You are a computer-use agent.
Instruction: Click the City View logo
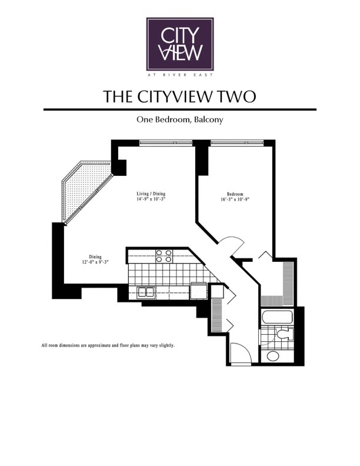tap(180, 44)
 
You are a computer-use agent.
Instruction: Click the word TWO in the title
tap(236, 96)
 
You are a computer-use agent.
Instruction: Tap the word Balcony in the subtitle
tap(208, 120)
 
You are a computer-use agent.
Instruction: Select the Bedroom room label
tap(235, 194)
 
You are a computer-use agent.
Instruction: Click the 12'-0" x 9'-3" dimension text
tap(95, 262)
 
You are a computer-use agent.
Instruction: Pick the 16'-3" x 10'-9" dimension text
tap(235, 199)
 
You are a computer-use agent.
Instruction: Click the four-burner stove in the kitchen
tap(164, 256)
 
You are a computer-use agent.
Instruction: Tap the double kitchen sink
tap(145, 292)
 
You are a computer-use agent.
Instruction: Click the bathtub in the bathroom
tap(277, 317)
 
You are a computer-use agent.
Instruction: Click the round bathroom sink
tap(273, 355)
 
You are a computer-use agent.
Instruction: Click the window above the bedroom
tap(236, 143)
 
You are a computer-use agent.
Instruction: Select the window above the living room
tap(166, 143)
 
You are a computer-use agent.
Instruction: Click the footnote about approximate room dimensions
tap(108, 345)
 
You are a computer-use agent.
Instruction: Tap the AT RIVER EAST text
tap(180, 75)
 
